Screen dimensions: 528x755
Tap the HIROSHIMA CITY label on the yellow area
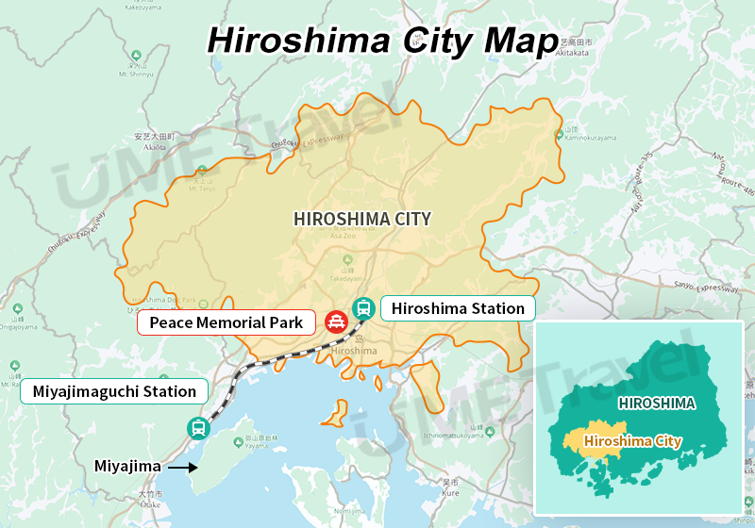coord(362,219)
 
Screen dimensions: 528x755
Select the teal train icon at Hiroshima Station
coord(363,307)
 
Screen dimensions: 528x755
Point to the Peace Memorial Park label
coord(226,323)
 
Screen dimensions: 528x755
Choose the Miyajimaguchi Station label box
coord(114,391)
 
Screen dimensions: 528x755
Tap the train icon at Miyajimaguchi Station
coord(198,428)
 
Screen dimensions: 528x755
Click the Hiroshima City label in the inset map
coord(632,440)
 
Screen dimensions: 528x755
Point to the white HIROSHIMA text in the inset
coord(657,404)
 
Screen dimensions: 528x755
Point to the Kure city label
coord(450,491)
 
